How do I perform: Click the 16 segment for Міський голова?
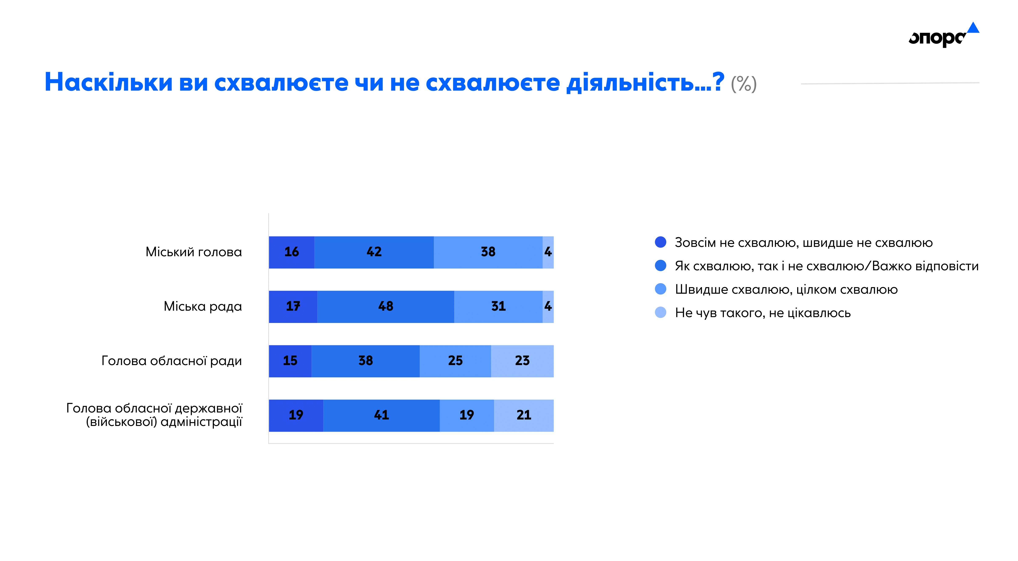pos(292,252)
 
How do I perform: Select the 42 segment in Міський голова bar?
pos(374,252)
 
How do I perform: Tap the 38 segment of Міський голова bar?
pos(488,252)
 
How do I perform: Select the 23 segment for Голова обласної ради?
pos(522,361)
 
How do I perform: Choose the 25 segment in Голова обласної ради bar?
pos(455,361)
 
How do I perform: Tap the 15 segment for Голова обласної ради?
pos(290,361)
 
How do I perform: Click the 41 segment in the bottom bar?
pos(381,415)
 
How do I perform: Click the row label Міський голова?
pos(194,252)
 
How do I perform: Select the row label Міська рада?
pos(203,306)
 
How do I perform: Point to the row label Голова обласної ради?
pos(172,361)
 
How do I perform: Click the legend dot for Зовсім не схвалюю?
pos(660,242)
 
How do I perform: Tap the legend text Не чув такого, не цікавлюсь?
pos(763,313)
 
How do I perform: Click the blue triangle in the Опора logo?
pos(973,28)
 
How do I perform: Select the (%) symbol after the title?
pos(744,84)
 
